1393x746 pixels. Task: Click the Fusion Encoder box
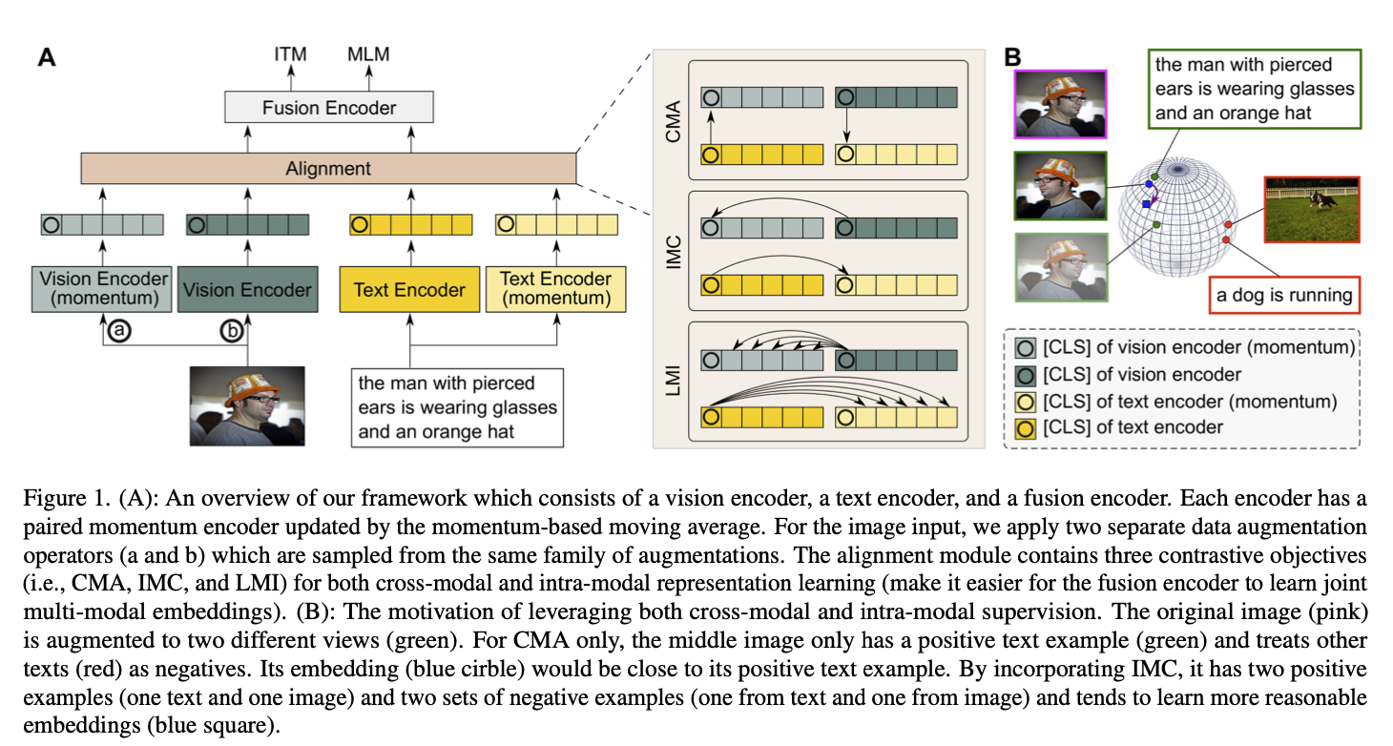click(329, 107)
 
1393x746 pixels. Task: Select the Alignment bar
click(329, 169)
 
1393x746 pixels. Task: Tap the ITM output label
click(289, 53)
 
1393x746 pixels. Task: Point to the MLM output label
click(368, 53)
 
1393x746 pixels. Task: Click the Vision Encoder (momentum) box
click(104, 289)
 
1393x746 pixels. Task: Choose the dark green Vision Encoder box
click(247, 290)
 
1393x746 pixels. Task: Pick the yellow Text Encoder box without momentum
click(409, 290)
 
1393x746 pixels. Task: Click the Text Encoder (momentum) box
click(555, 288)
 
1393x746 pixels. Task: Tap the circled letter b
click(232, 331)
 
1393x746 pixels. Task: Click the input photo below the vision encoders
click(247, 405)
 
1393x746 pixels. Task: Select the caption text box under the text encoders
click(457, 407)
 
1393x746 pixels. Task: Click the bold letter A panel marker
click(46, 58)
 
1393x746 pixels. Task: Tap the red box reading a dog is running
click(1283, 295)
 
